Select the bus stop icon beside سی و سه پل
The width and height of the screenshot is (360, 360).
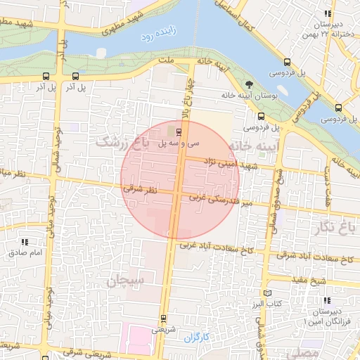178,131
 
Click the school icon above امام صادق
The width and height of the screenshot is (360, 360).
25,242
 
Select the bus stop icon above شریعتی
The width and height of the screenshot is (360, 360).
164,318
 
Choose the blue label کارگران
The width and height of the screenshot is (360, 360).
198,338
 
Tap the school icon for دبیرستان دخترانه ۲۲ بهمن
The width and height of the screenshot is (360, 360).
327,14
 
